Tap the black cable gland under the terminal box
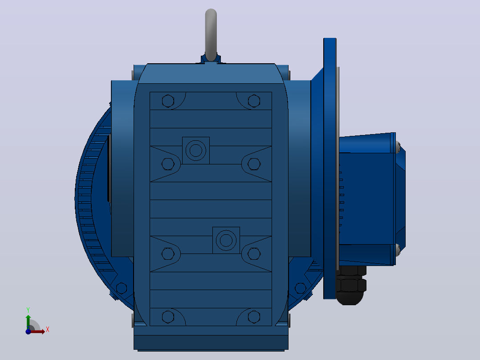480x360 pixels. point(351,286)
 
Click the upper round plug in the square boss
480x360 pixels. point(196,151)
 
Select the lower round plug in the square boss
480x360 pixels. point(226,241)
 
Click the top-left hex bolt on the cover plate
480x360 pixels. point(168,101)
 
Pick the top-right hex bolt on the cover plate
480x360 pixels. point(254,101)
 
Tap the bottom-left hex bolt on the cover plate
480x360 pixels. point(168,317)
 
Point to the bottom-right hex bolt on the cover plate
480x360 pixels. point(254,317)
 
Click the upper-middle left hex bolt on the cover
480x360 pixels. point(168,164)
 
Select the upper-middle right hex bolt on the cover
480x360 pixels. point(254,164)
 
